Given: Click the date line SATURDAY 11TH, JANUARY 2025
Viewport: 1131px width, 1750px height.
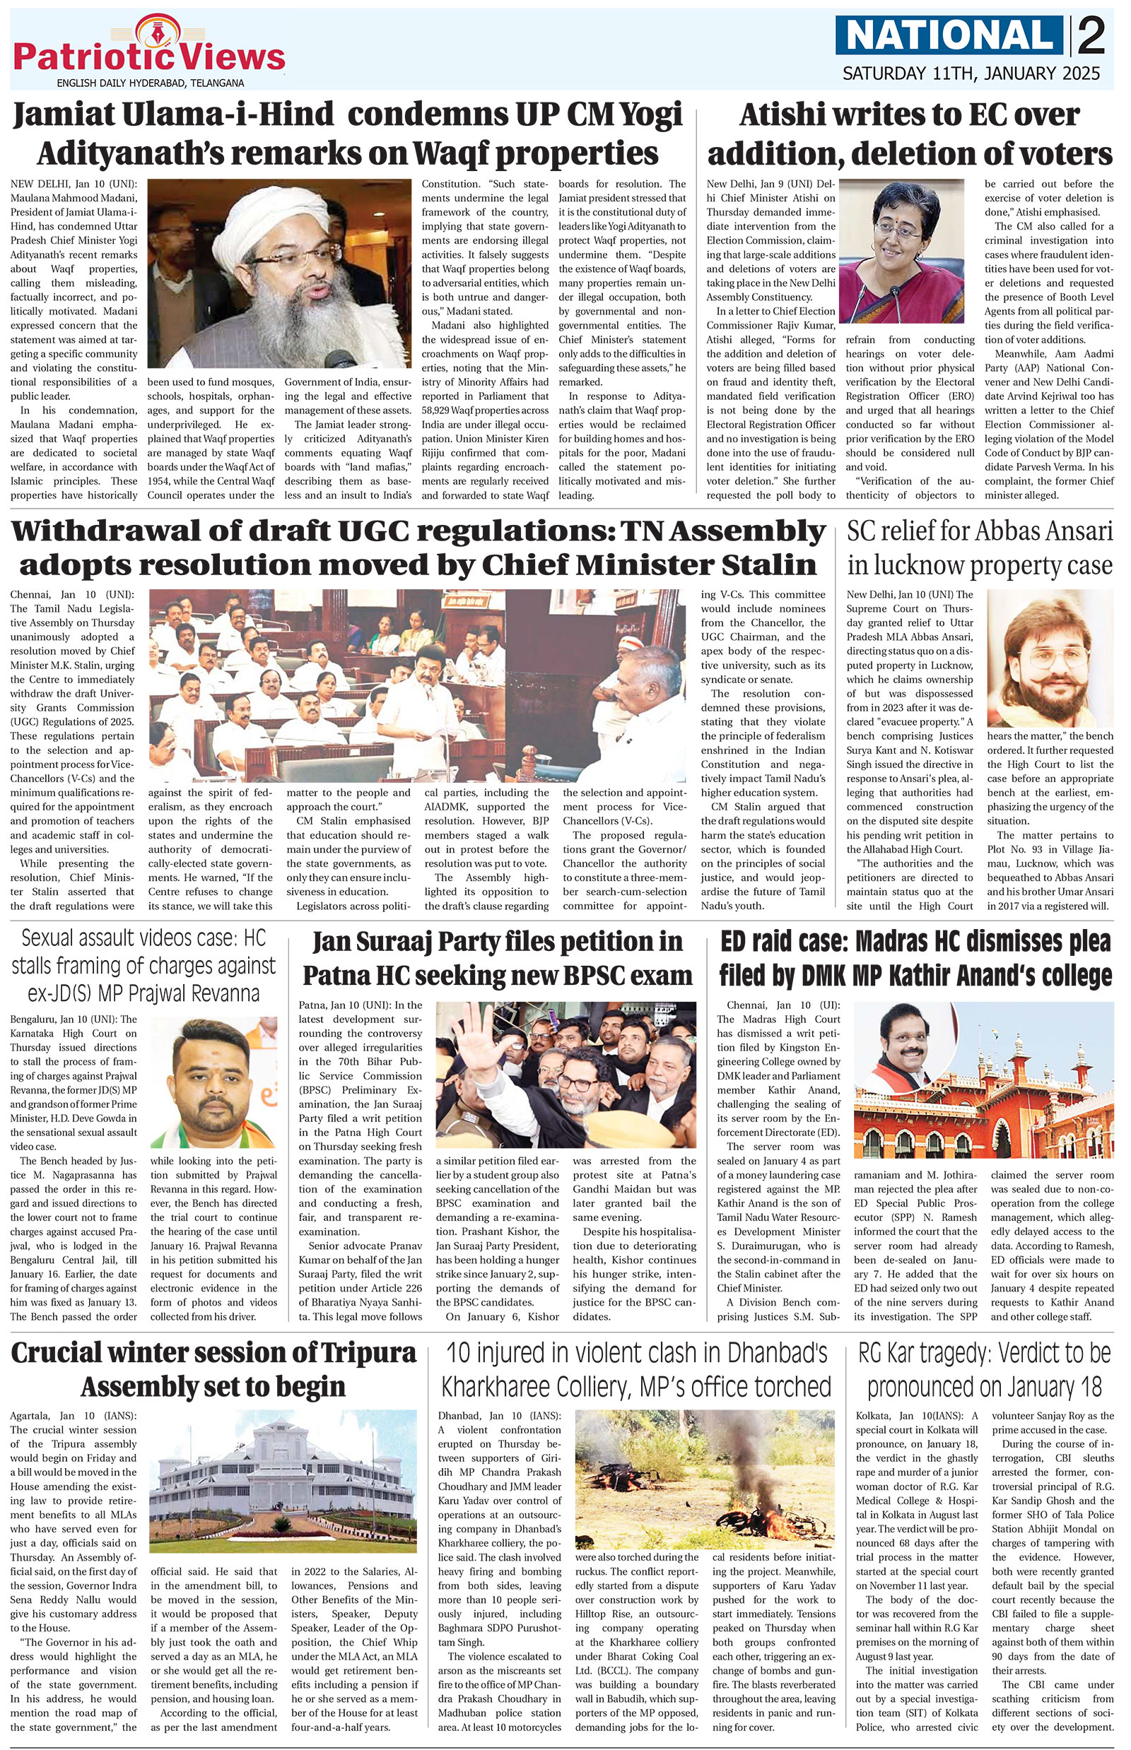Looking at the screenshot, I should click(971, 73).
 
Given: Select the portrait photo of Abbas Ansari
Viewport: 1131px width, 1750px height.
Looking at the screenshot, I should click(1050, 658).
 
